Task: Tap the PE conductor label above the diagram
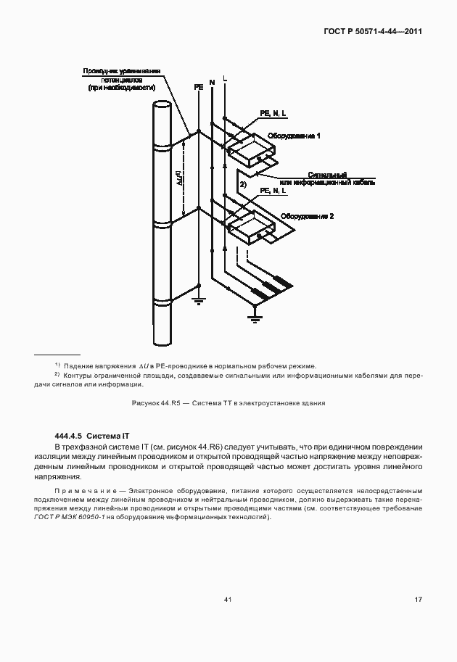[199, 87]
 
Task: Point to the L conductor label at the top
[225, 77]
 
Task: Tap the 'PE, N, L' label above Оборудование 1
[273, 114]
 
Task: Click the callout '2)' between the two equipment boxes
[244, 186]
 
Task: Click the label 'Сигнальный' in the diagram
[328, 175]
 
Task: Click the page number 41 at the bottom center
[228, 599]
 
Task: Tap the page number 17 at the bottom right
[418, 599]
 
